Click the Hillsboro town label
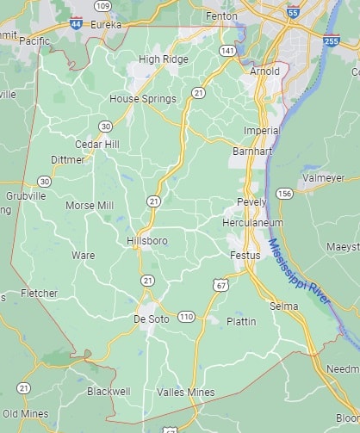(146, 241)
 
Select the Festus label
(244, 256)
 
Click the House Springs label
(143, 99)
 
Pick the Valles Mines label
(185, 392)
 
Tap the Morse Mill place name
(90, 206)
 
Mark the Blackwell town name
(109, 391)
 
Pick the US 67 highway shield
(220, 285)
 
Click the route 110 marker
(187, 317)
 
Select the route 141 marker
(227, 52)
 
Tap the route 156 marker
(284, 195)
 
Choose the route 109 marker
(103, 6)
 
